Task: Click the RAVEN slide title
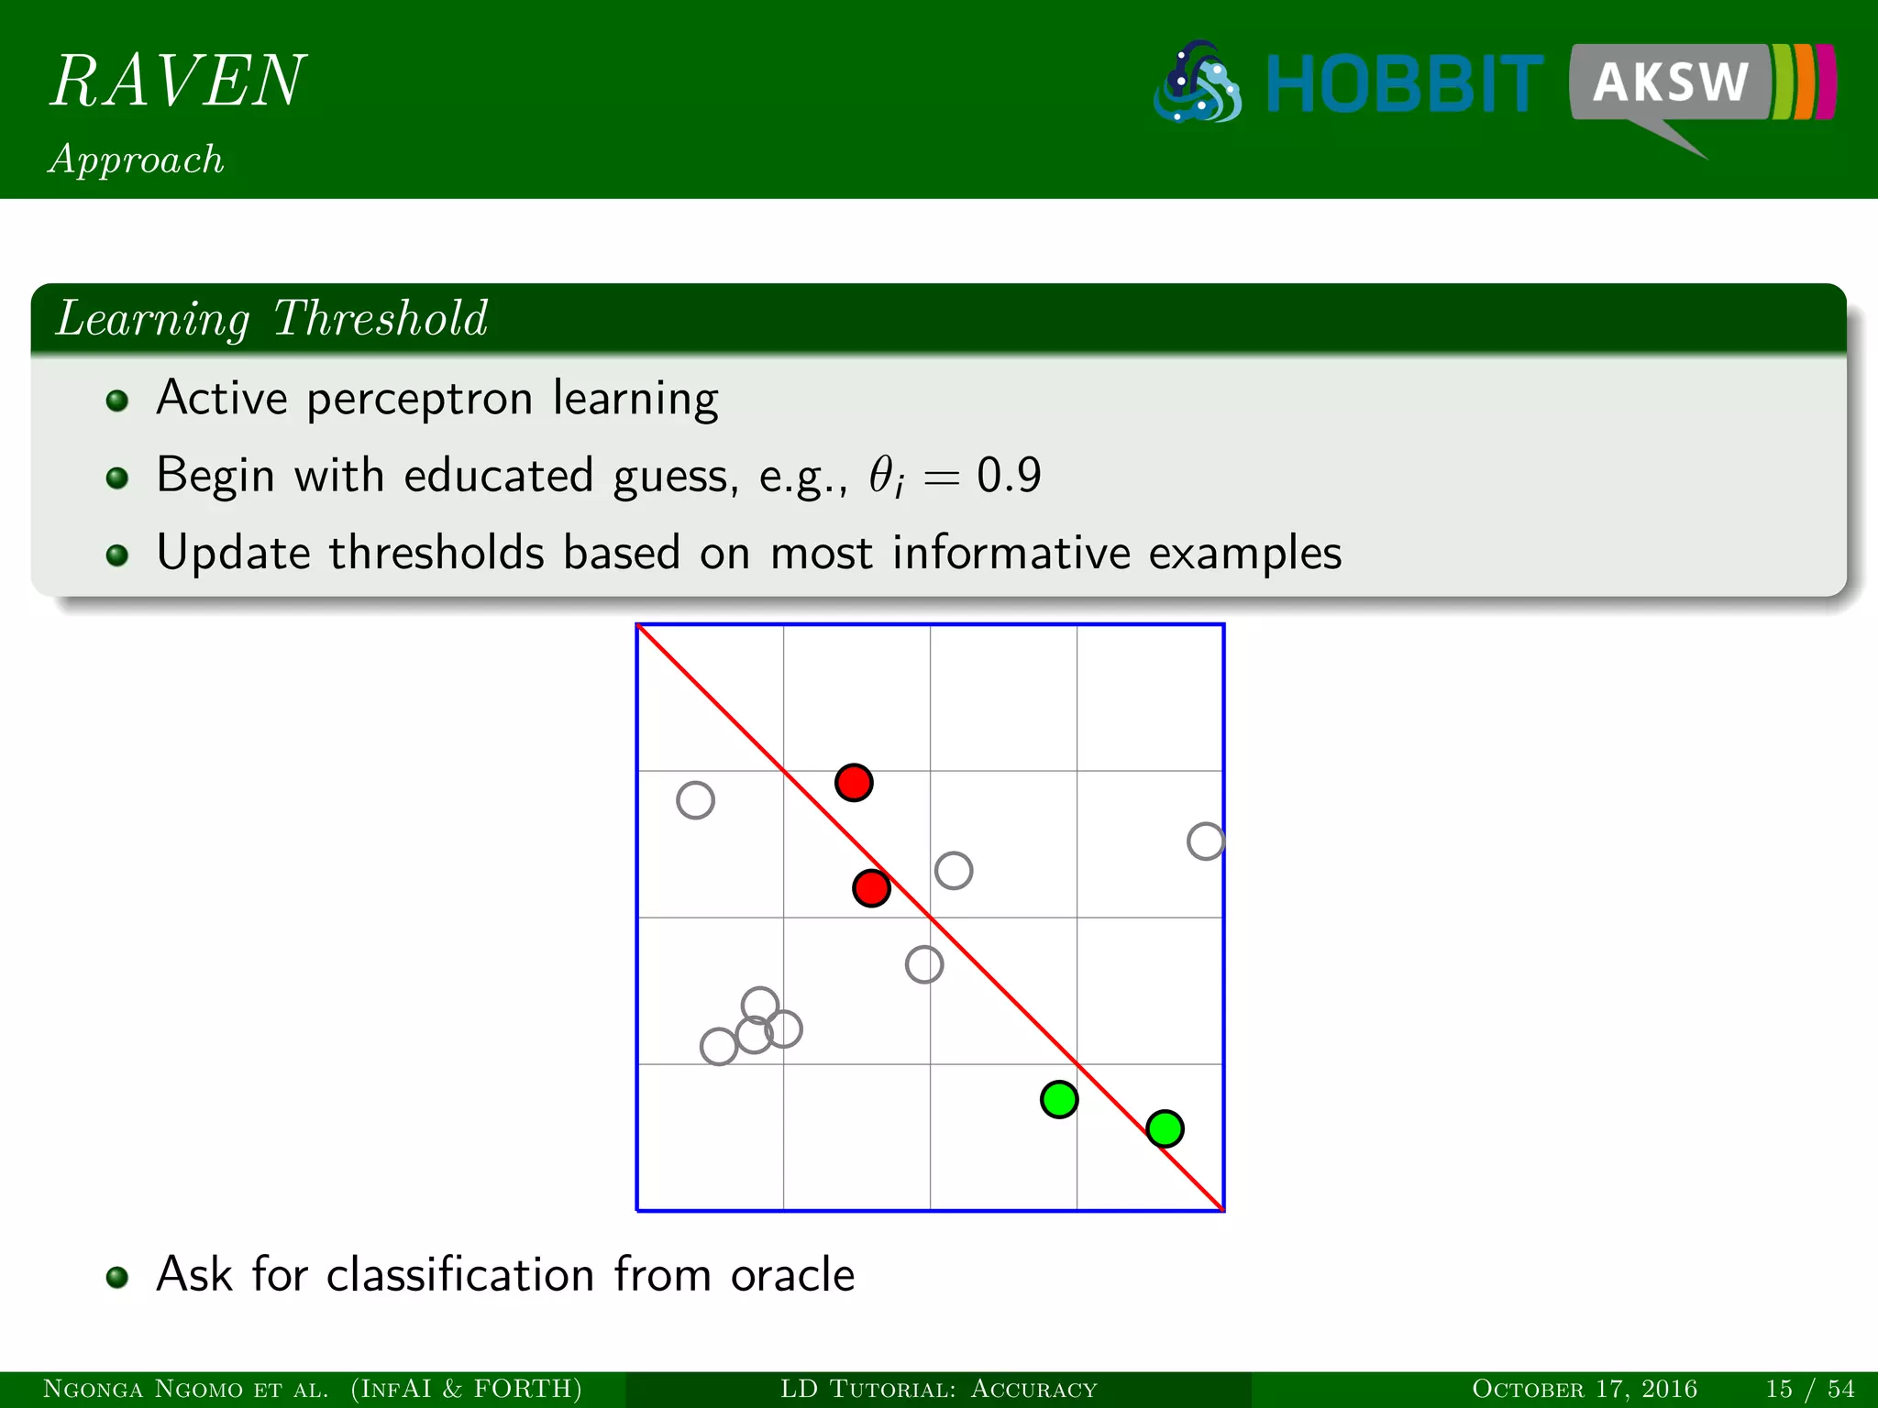(178, 81)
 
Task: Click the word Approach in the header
(137, 159)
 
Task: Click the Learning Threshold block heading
(271, 319)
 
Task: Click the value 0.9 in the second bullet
(1009, 476)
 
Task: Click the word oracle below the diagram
(792, 1275)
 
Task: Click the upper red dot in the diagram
(854, 783)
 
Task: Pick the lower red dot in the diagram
(871, 888)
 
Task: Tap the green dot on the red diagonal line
(1165, 1128)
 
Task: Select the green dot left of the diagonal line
(1059, 1099)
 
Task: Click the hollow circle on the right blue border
(1205, 841)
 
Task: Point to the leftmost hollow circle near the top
(695, 800)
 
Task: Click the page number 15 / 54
(1809, 1389)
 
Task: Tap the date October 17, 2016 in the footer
(1584, 1389)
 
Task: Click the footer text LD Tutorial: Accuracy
(938, 1389)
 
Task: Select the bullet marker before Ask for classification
(116, 1277)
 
